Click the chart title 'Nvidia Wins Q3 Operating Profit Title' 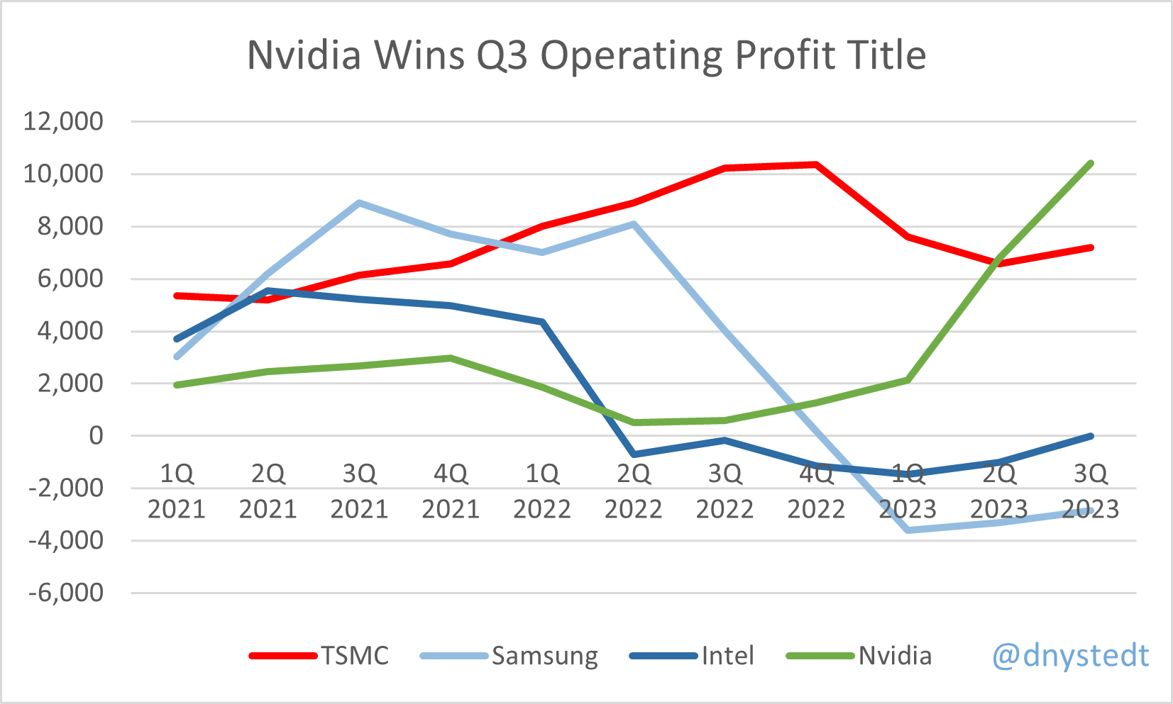point(586,55)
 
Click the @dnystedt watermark point(1070,655)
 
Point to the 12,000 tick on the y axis point(63,121)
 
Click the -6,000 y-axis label point(66,593)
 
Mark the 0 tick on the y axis point(96,436)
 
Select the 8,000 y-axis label point(63,226)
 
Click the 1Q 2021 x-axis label point(177,491)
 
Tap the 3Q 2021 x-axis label point(359,491)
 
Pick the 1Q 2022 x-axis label point(542,491)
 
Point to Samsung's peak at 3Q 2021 point(360,203)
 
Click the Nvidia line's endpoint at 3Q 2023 point(1091,163)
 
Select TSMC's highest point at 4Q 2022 point(817,164)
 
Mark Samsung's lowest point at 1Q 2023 point(908,530)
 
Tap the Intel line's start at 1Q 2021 point(177,339)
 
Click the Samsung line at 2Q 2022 point(634,224)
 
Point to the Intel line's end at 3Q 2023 point(1091,436)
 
